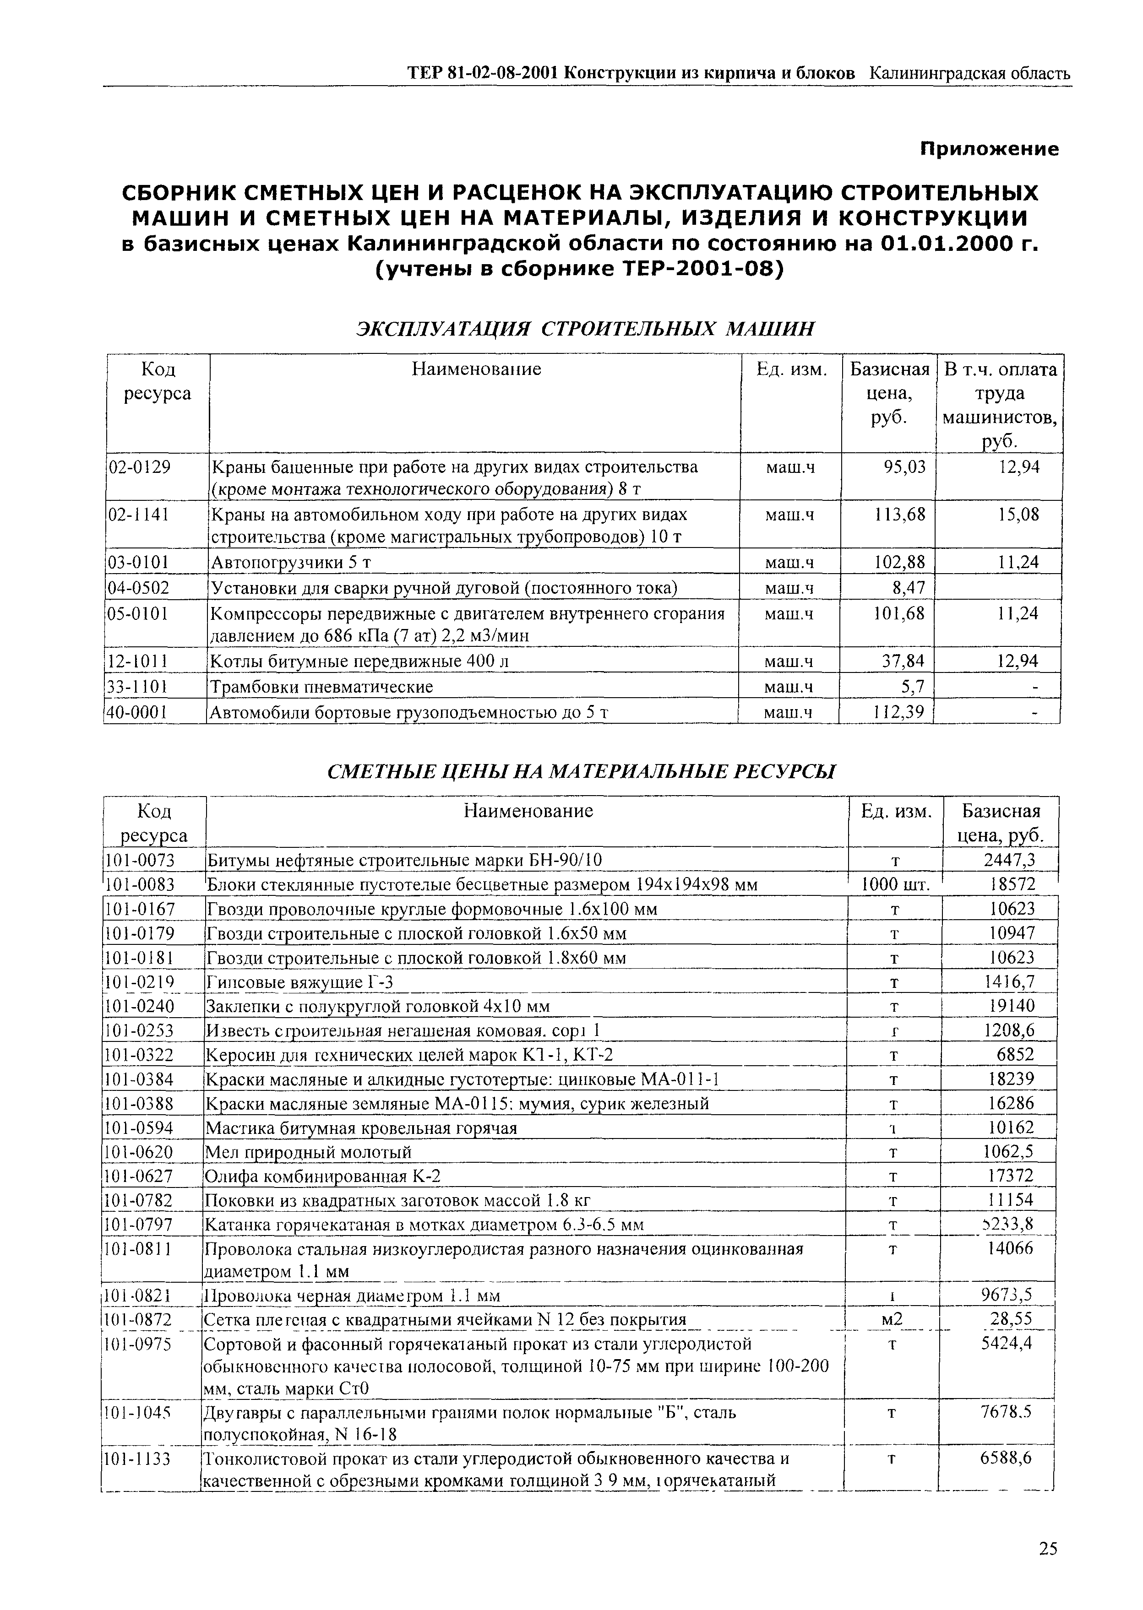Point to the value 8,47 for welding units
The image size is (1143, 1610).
pos(909,587)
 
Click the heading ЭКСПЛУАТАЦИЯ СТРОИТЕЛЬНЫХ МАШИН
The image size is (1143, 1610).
pos(586,329)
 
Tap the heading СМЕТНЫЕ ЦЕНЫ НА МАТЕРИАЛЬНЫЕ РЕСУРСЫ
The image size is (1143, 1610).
pos(582,772)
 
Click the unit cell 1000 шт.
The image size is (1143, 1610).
pos(895,885)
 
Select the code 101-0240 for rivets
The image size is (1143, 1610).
pos(139,1005)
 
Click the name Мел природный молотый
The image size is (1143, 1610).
pos(308,1151)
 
